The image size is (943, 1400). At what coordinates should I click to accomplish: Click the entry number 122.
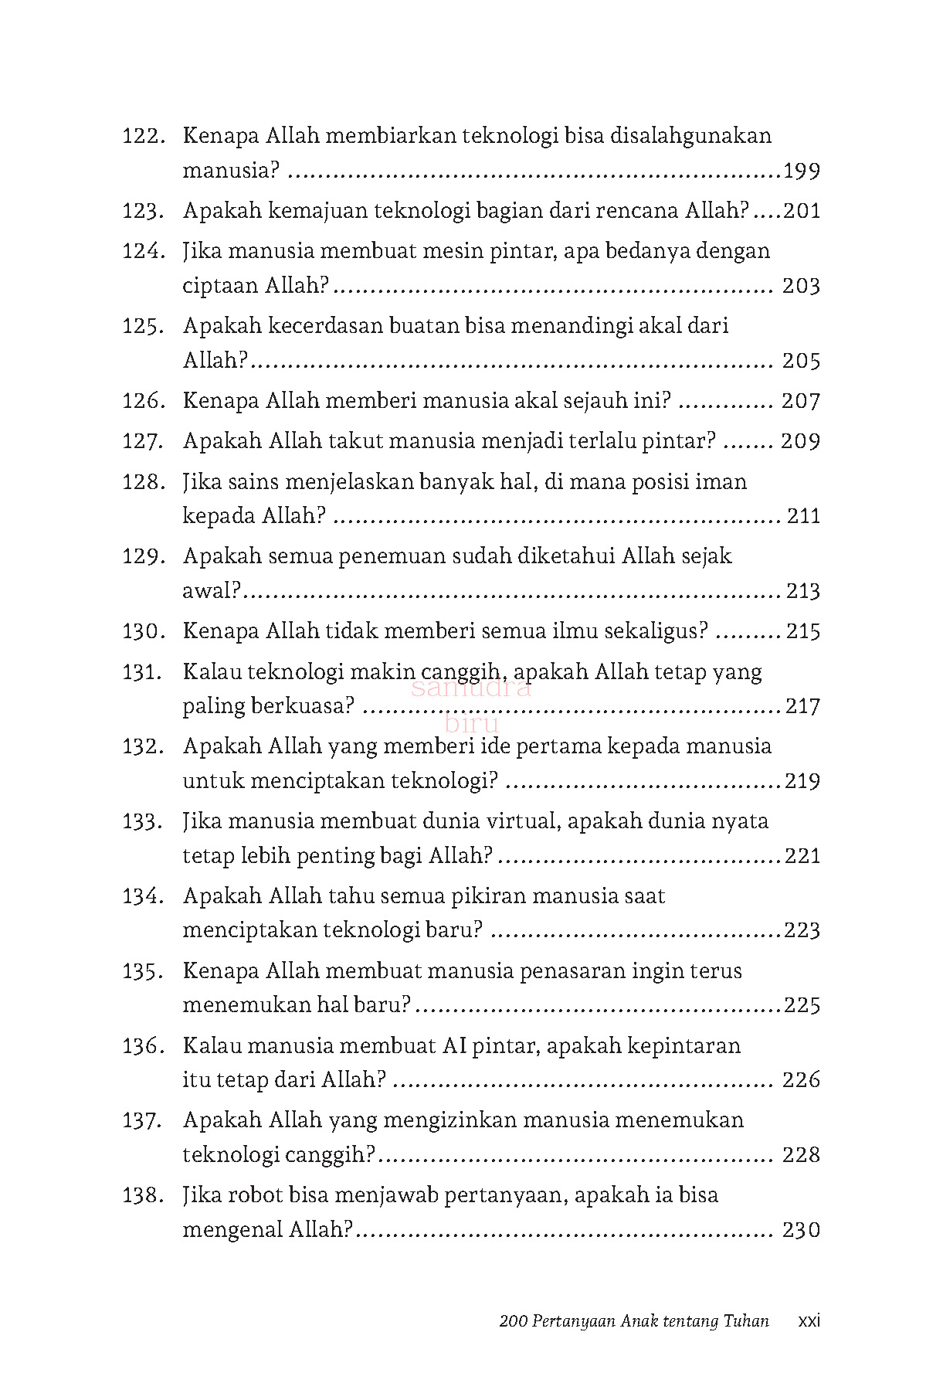click(144, 137)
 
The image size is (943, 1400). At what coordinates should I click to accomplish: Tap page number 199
click(802, 172)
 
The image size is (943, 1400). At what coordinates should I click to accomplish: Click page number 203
click(801, 287)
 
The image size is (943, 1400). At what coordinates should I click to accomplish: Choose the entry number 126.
click(144, 401)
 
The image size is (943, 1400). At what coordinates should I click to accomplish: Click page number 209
click(800, 441)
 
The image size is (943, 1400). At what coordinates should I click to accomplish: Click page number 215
click(803, 631)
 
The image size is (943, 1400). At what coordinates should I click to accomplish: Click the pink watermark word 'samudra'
click(472, 688)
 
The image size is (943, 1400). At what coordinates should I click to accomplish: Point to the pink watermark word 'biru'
click(472, 724)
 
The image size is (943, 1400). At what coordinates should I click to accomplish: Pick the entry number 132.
click(144, 747)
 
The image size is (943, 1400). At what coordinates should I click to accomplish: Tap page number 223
click(802, 930)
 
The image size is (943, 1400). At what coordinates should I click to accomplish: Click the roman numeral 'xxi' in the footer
click(809, 1321)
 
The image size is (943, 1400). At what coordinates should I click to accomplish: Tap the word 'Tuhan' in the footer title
click(746, 1321)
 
